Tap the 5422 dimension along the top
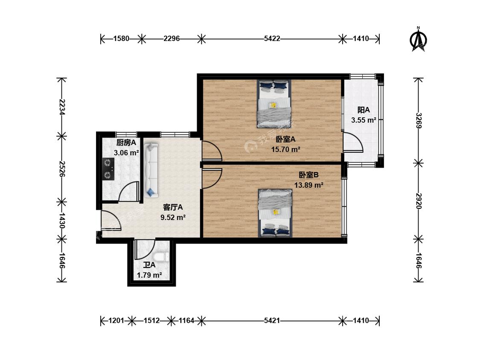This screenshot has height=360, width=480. [x=272, y=38]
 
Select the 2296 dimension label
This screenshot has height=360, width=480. [x=172, y=38]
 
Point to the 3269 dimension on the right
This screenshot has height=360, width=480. [x=419, y=121]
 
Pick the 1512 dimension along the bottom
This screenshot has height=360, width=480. [x=151, y=320]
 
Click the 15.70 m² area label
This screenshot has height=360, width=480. [x=285, y=149]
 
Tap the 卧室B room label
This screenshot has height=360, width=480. [x=308, y=175]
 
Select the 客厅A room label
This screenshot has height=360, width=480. [x=173, y=207]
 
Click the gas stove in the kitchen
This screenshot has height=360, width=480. [x=108, y=168]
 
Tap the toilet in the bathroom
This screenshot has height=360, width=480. [x=161, y=257]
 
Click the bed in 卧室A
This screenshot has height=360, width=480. [x=274, y=104]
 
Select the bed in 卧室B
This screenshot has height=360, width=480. [x=275, y=213]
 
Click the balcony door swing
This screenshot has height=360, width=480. [x=353, y=142]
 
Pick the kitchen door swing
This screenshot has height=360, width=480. [x=129, y=192]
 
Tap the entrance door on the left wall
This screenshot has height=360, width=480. [x=111, y=221]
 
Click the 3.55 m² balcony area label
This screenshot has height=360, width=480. [x=364, y=120]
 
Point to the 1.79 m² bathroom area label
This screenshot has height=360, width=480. [x=149, y=275]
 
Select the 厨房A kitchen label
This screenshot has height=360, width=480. [x=126, y=142]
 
